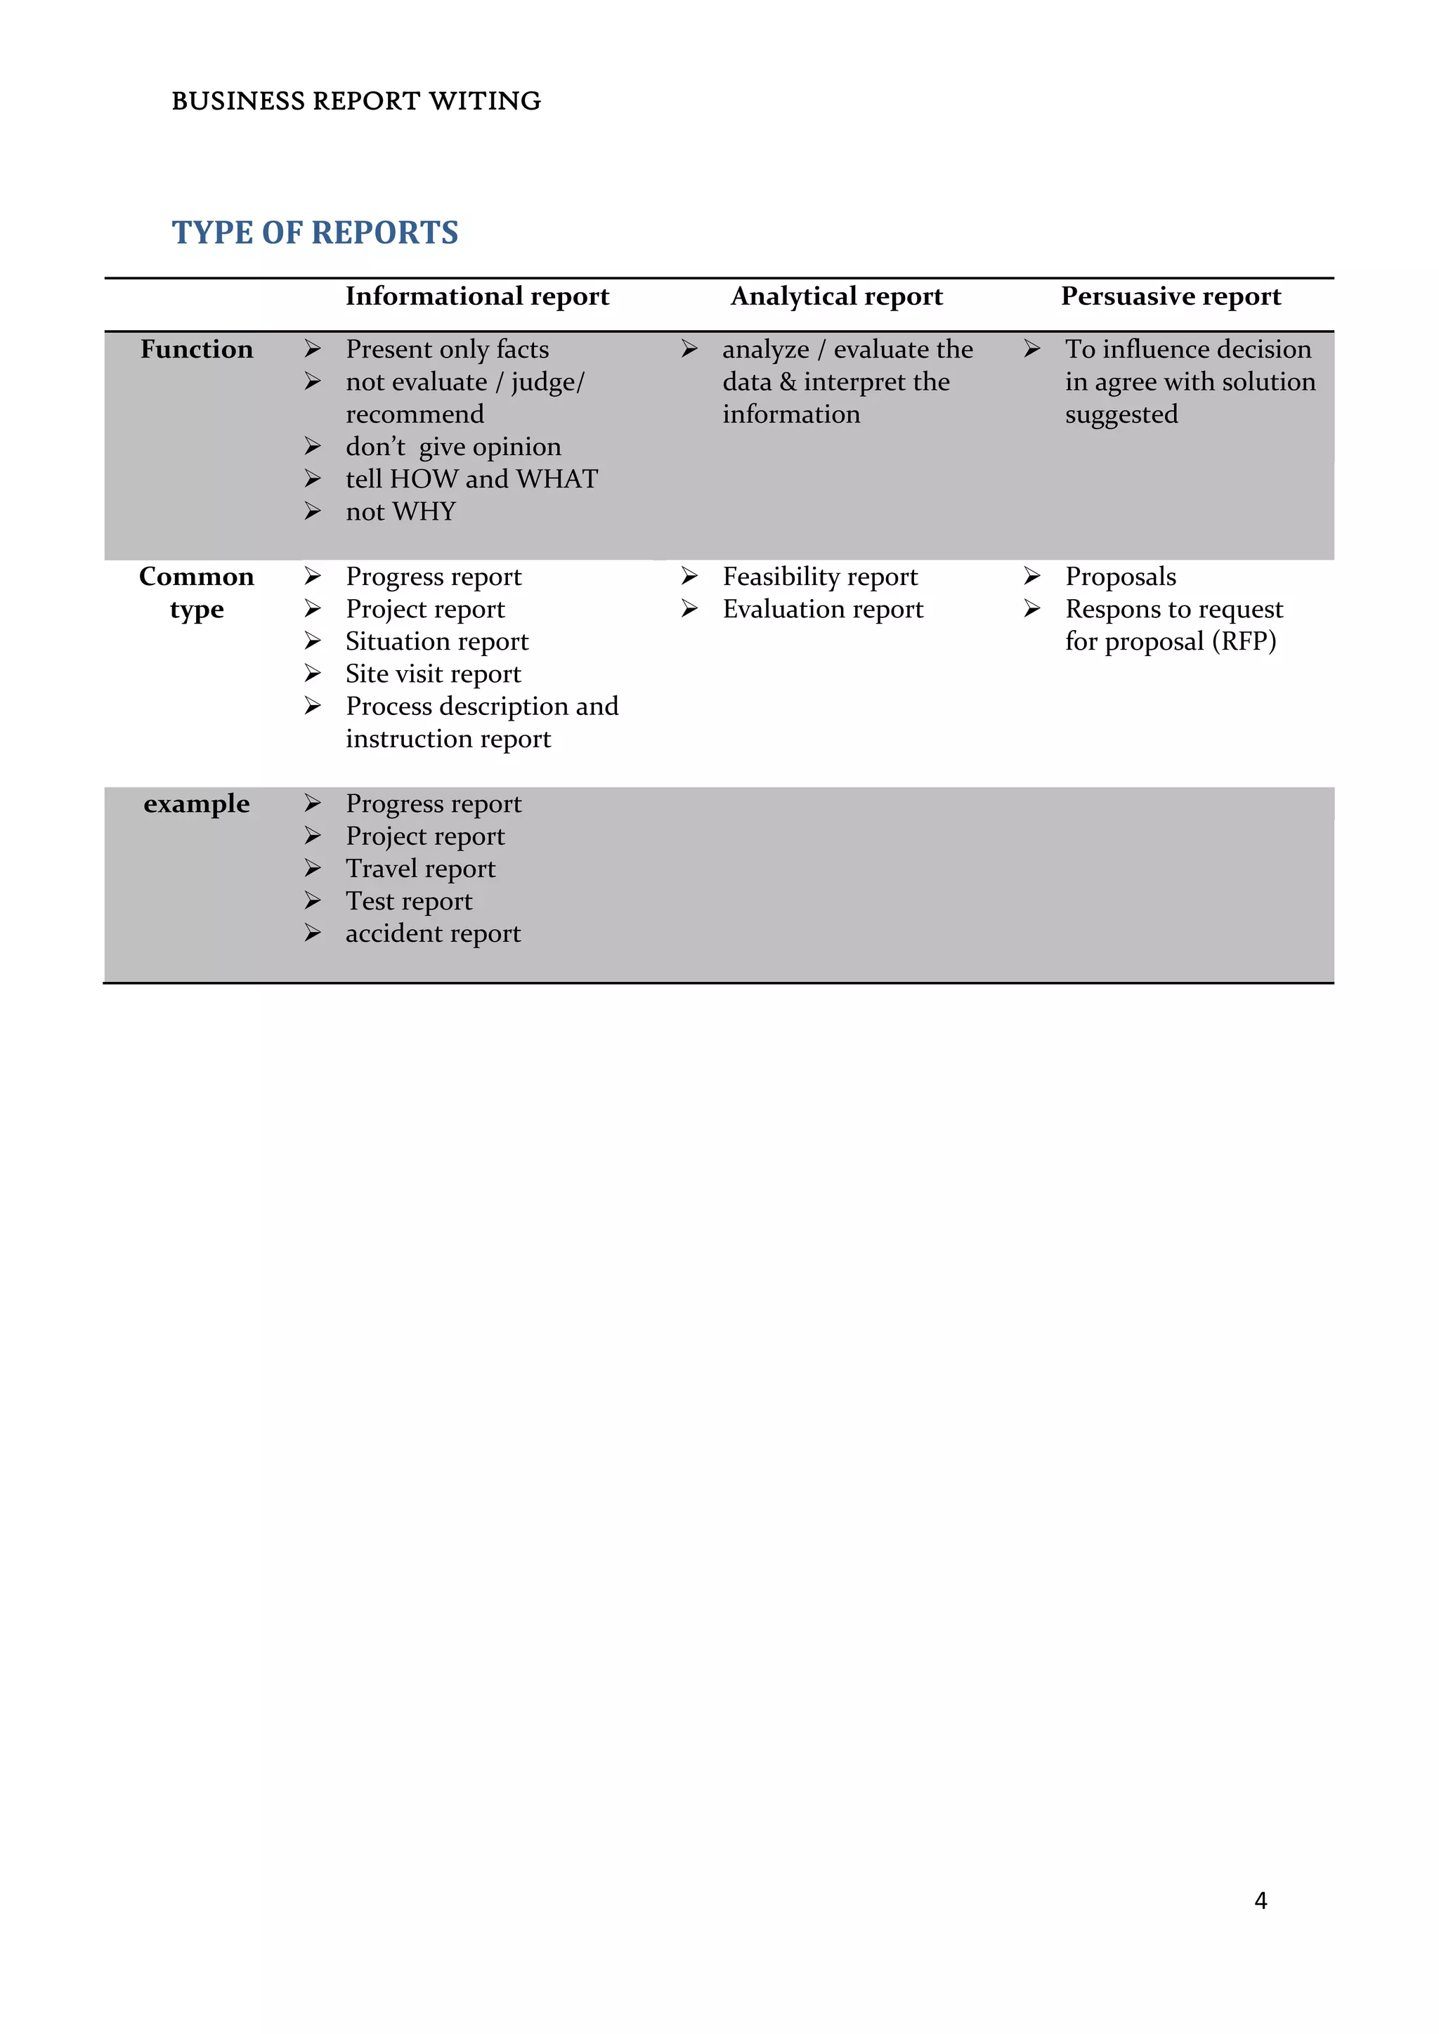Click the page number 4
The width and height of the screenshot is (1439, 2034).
(x=1260, y=1901)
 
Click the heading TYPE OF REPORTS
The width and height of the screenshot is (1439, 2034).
(x=315, y=232)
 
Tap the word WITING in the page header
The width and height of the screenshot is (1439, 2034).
(x=485, y=101)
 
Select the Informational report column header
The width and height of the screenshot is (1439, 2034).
(x=476, y=296)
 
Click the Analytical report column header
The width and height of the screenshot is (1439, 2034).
(x=836, y=296)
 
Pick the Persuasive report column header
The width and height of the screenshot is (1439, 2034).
(x=1171, y=296)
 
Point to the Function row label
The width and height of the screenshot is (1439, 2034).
(x=197, y=349)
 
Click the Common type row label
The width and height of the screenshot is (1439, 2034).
(x=197, y=592)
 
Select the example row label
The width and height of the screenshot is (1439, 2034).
(x=197, y=803)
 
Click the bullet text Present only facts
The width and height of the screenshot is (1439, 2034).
(x=447, y=349)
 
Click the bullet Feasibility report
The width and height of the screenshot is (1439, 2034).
(x=820, y=577)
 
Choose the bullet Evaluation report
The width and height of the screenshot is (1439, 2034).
(x=822, y=610)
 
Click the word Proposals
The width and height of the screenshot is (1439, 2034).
(x=1120, y=577)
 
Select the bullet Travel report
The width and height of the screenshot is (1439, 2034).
(x=420, y=868)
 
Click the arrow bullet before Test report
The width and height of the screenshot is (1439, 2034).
(x=313, y=900)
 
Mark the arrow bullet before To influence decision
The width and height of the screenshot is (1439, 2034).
(x=1031, y=349)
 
